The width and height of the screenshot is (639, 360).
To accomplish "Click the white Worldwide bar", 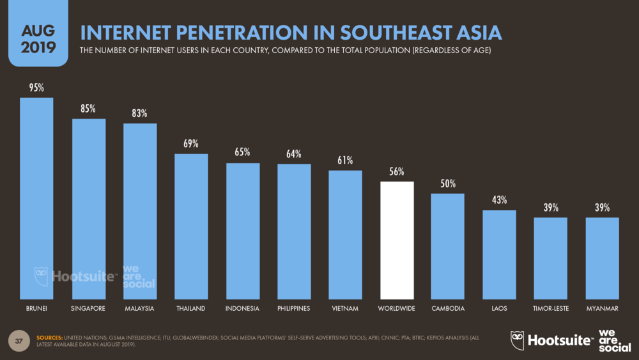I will (397, 240).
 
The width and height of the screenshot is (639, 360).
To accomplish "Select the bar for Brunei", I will (36, 198).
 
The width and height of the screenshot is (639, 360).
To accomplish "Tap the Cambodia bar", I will (448, 246).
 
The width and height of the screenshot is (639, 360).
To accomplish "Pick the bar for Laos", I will (499, 254).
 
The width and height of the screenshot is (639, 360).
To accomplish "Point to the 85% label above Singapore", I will (88, 109).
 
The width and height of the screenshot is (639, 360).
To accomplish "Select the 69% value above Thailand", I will (191, 144).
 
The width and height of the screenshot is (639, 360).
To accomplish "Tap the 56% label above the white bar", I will (397, 172).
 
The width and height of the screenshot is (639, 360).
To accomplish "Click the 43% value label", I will (499, 200).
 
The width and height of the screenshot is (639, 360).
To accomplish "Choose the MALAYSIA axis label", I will (139, 309).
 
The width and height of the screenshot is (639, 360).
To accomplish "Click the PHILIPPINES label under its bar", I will (294, 309).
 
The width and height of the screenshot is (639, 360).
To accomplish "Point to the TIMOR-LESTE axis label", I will (551, 309).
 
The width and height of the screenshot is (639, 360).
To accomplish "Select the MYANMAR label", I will (602, 309).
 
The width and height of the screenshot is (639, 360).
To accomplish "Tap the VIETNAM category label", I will (345, 309).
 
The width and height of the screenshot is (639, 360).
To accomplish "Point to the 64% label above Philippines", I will (294, 154).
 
